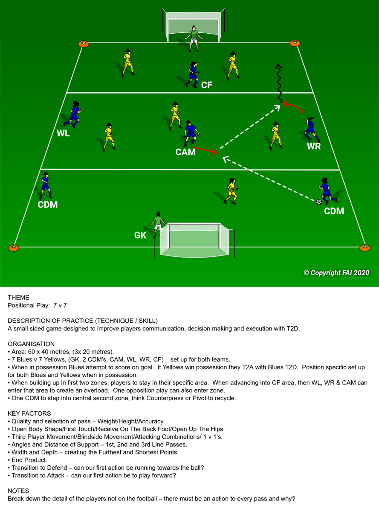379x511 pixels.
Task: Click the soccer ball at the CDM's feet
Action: point(318,202)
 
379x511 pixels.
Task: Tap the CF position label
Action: point(206,85)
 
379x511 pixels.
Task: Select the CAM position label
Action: point(185,152)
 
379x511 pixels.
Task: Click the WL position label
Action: point(63,133)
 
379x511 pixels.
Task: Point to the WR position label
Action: point(314,146)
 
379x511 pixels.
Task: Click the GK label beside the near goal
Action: point(140,235)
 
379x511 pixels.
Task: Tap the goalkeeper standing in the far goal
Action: point(194,38)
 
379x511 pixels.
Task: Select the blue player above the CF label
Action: point(193,75)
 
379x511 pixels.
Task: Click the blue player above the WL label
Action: point(73,114)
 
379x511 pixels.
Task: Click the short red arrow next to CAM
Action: point(205,150)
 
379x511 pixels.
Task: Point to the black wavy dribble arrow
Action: point(279,83)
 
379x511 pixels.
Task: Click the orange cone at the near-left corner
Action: point(14,248)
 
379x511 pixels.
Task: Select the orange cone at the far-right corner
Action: point(295,43)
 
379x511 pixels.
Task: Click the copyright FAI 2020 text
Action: point(336,273)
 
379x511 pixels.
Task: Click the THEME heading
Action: point(18,297)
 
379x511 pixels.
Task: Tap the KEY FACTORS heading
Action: point(29,413)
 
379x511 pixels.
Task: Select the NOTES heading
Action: point(18,491)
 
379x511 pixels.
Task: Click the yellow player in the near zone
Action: point(231,191)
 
